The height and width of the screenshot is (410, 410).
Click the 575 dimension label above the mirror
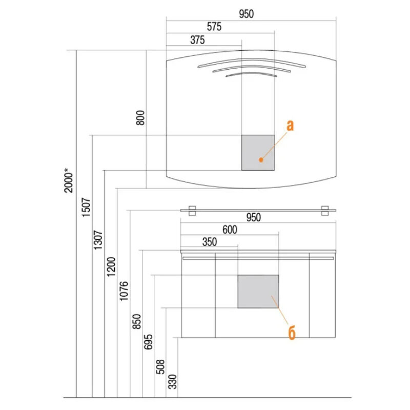tap(214, 27)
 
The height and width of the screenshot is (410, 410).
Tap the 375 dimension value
tap(197, 40)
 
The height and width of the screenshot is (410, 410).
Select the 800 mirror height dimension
tap(140, 118)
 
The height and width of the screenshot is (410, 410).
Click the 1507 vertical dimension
tap(86, 207)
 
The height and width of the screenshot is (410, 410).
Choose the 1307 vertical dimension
tap(98, 240)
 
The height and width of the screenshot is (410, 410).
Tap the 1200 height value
tap(111, 266)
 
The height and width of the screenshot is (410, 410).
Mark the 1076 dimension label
tap(124, 291)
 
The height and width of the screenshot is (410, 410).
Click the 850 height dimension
tap(136, 321)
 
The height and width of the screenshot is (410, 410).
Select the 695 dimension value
tap(148, 342)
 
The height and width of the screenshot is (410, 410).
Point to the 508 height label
tap(160, 366)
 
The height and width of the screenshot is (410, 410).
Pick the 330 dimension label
tap(172, 382)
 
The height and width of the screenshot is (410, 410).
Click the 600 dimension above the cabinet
tap(230, 230)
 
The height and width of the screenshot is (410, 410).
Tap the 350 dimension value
tap(210, 242)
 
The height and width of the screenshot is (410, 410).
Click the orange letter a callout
tap(290, 126)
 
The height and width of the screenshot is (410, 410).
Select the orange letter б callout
tap(292, 333)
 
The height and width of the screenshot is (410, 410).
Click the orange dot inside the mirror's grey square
tap(261, 159)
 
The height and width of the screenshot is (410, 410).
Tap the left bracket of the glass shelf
tap(192, 211)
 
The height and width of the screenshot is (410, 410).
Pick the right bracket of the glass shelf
tap(325, 211)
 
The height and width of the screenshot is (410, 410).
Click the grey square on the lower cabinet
tap(258, 291)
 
